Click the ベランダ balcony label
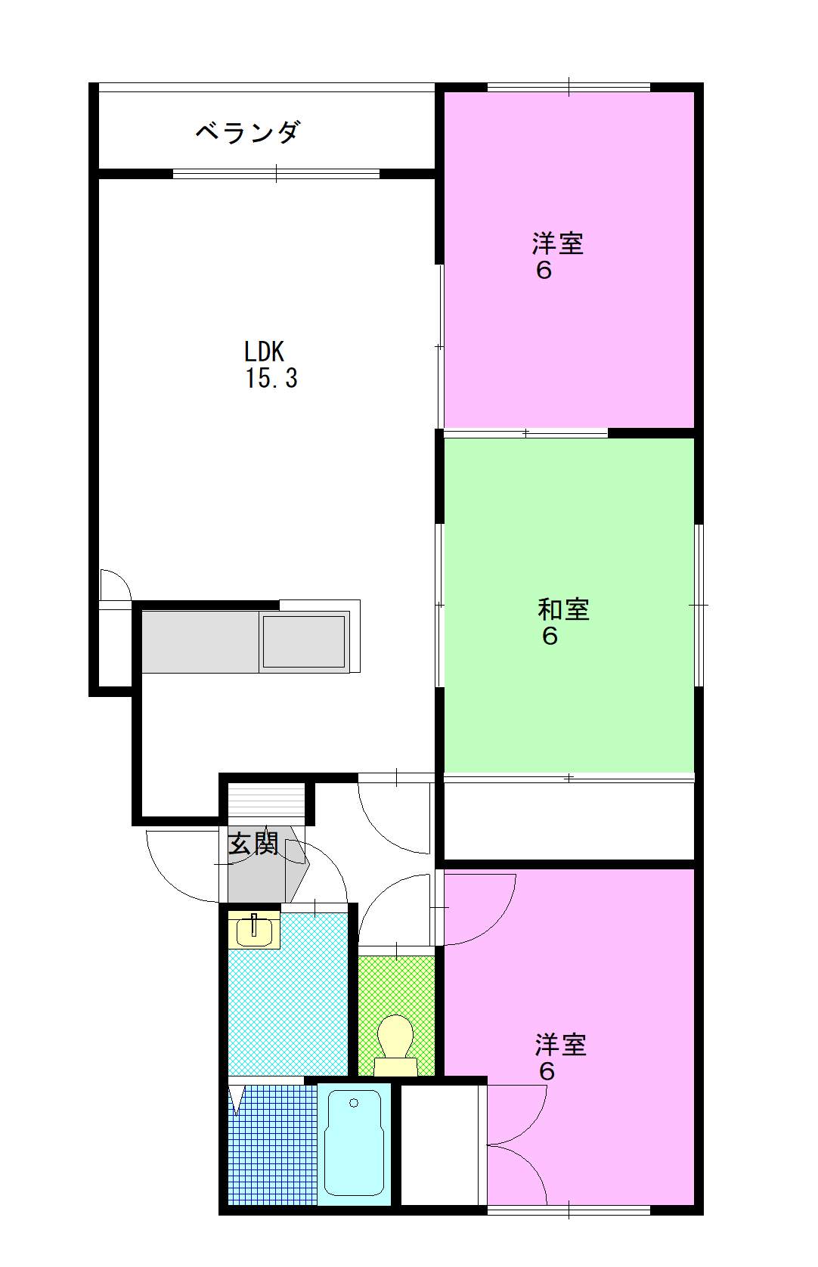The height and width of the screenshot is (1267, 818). click(248, 132)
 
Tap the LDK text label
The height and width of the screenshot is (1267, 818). click(264, 352)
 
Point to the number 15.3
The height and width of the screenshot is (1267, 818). click(271, 378)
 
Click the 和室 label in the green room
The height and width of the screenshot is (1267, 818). click(563, 609)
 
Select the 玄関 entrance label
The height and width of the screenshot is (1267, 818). click(253, 844)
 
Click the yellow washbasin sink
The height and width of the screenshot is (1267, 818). click(254, 930)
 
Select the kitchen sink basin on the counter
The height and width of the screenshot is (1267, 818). click(304, 641)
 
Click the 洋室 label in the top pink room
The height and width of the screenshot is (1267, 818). click(558, 243)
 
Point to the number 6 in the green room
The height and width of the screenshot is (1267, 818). click(550, 637)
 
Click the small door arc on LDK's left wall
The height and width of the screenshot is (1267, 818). click(115, 584)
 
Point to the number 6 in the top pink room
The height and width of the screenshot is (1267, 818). click(544, 271)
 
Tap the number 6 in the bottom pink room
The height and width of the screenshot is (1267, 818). click(547, 1072)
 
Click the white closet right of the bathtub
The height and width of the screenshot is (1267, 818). click(439, 1145)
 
